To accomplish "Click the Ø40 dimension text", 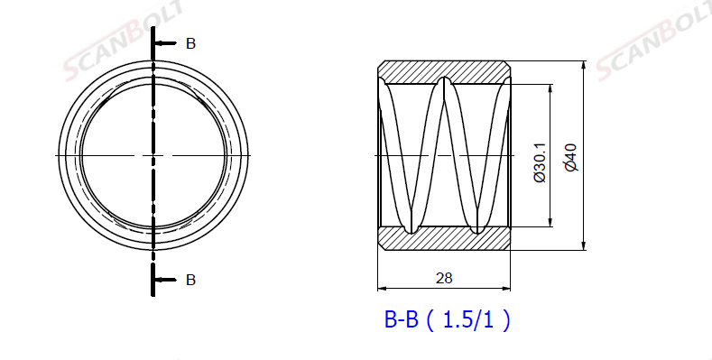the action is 571,157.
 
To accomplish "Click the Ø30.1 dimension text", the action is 540,162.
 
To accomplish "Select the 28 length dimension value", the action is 444,278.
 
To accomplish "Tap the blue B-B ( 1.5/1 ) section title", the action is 448,320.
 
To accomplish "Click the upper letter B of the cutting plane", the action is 190,43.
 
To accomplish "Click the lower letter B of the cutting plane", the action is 190,280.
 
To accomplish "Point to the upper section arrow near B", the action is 166,43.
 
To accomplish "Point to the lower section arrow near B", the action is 166,280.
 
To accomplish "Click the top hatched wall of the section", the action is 444,71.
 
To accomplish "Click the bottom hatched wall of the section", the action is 444,239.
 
